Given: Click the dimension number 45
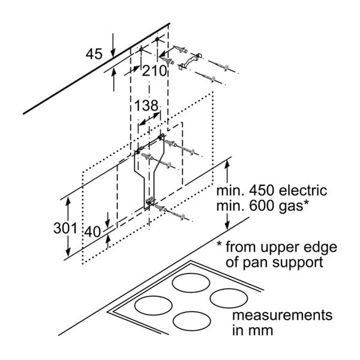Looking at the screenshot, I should click(95, 54).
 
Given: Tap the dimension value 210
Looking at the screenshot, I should click(155, 71).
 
